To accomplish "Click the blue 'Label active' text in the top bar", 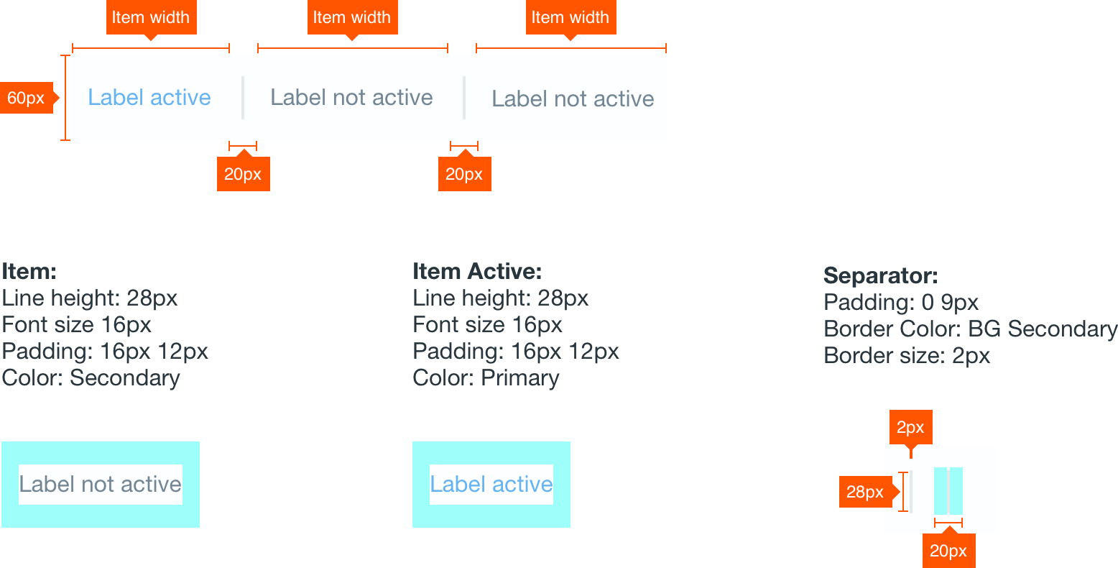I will click(x=149, y=98).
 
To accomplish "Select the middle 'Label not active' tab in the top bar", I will click(x=351, y=98).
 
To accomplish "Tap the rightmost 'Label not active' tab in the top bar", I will click(x=573, y=99).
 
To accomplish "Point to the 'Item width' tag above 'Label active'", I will click(x=151, y=18).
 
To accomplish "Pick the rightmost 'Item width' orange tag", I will click(x=570, y=18).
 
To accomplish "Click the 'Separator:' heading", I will click(x=880, y=276).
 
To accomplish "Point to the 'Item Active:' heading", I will click(x=477, y=272).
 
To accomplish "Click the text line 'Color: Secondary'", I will click(x=91, y=378).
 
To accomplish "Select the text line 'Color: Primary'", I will click(x=486, y=378).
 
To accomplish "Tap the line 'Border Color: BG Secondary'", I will click(x=970, y=329).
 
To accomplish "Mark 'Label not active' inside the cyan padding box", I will click(x=101, y=485).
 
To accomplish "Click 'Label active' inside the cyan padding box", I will click(x=491, y=485).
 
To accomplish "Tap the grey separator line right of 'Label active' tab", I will click(x=243, y=98).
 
